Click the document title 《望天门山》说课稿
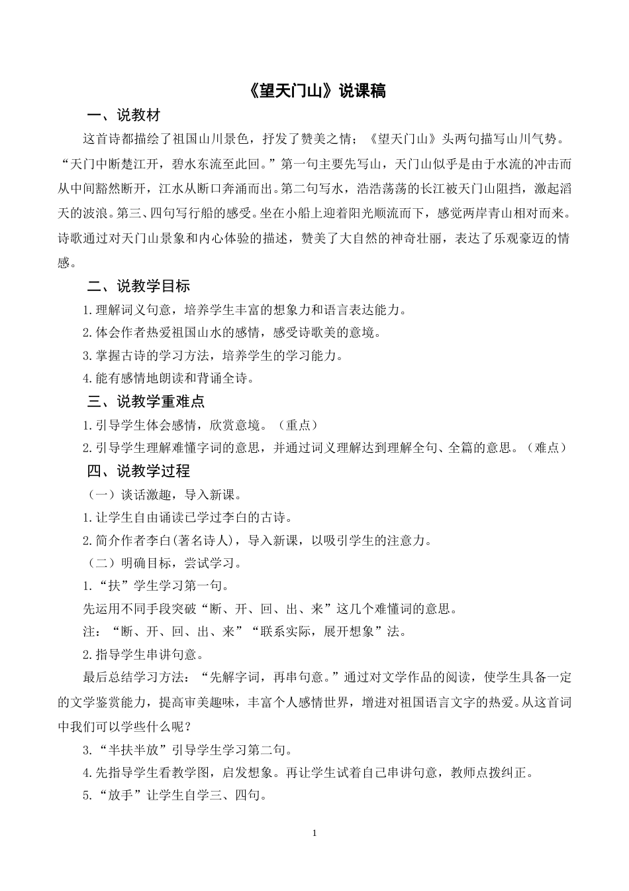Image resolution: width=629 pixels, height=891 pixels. coord(314,91)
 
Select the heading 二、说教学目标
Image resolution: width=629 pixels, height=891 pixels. coord(139,286)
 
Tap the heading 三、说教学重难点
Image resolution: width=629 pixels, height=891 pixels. coord(146,401)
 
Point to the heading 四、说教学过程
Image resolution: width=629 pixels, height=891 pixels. coord(139,471)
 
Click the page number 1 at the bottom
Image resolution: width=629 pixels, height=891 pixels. coord(314,833)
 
